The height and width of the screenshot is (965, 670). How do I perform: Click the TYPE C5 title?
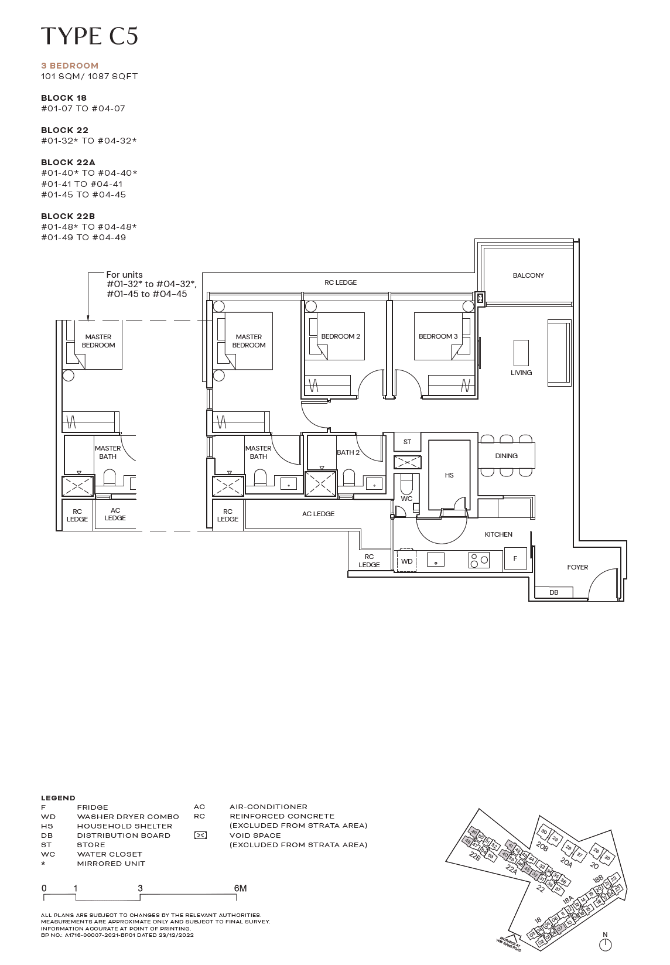(89, 36)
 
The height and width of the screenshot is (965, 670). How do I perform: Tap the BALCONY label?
(528, 275)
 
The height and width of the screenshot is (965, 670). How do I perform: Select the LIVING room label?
(521, 373)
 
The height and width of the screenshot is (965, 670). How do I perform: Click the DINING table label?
(506, 456)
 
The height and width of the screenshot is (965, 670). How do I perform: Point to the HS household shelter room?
(449, 475)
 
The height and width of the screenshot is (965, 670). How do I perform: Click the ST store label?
(407, 442)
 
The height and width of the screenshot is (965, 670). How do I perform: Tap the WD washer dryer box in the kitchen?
(406, 561)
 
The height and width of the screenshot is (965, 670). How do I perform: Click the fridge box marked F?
(515, 558)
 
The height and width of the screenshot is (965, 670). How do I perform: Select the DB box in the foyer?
(553, 592)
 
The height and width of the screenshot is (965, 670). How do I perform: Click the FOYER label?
(577, 567)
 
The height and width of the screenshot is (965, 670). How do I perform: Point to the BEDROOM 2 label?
(340, 336)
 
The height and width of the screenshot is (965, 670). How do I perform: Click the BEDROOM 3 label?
(438, 336)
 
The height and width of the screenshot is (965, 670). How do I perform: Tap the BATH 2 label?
(348, 452)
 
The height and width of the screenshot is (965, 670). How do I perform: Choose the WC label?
(406, 499)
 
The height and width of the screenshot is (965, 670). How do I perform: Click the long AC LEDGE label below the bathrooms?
(318, 514)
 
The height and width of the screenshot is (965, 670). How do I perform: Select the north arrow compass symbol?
(605, 944)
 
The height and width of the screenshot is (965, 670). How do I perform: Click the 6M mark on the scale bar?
(240, 888)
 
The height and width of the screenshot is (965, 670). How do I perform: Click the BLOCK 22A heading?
(68, 162)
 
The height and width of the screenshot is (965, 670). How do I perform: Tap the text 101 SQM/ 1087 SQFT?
(89, 76)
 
